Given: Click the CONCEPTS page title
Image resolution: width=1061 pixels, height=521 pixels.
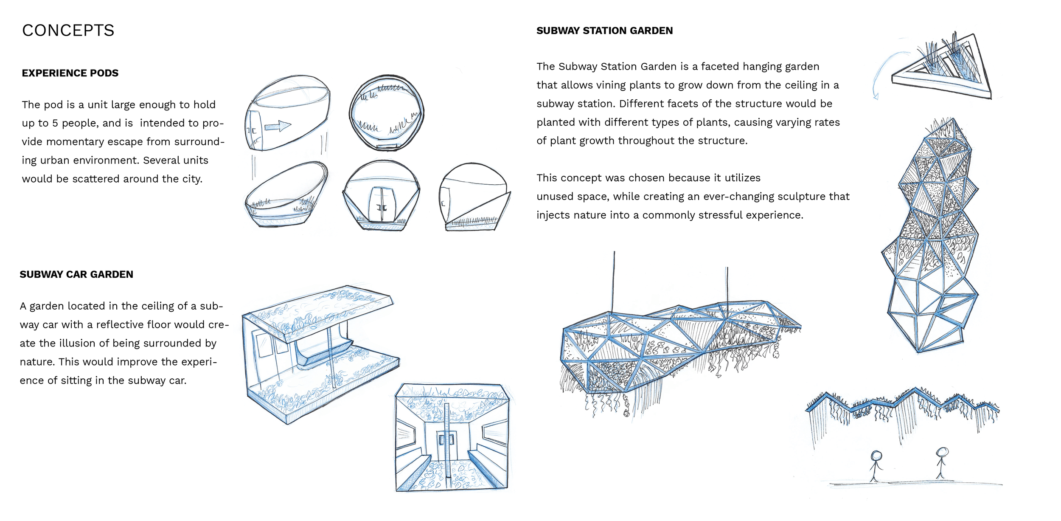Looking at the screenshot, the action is pyautogui.click(x=68, y=31).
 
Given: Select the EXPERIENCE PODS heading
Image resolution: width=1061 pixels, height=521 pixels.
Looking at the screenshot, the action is pyautogui.click(x=70, y=73).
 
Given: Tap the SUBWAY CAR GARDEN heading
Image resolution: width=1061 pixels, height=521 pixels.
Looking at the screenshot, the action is pyautogui.click(x=76, y=274).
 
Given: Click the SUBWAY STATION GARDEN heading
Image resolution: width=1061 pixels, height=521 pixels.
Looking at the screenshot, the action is pyautogui.click(x=604, y=31).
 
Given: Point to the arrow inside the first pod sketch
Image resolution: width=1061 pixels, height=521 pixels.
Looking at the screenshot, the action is pyautogui.click(x=278, y=126).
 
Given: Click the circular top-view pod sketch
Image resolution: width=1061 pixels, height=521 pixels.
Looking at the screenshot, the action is pyautogui.click(x=386, y=113).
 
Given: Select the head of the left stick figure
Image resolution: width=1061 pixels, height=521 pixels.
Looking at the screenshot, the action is pyautogui.click(x=876, y=456).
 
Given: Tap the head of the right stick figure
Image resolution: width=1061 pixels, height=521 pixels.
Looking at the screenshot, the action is pyautogui.click(x=942, y=451).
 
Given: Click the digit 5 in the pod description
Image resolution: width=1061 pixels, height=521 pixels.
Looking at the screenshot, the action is pyautogui.click(x=55, y=123).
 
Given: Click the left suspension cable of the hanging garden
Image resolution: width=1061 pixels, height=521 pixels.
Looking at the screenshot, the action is pyautogui.click(x=614, y=282).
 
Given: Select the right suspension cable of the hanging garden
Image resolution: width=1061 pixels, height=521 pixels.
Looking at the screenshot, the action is pyautogui.click(x=727, y=285).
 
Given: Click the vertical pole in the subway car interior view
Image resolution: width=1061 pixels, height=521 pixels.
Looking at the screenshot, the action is pyautogui.click(x=447, y=446).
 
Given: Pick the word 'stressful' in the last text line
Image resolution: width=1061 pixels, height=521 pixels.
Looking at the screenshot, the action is pyautogui.click(x=718, y=215).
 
